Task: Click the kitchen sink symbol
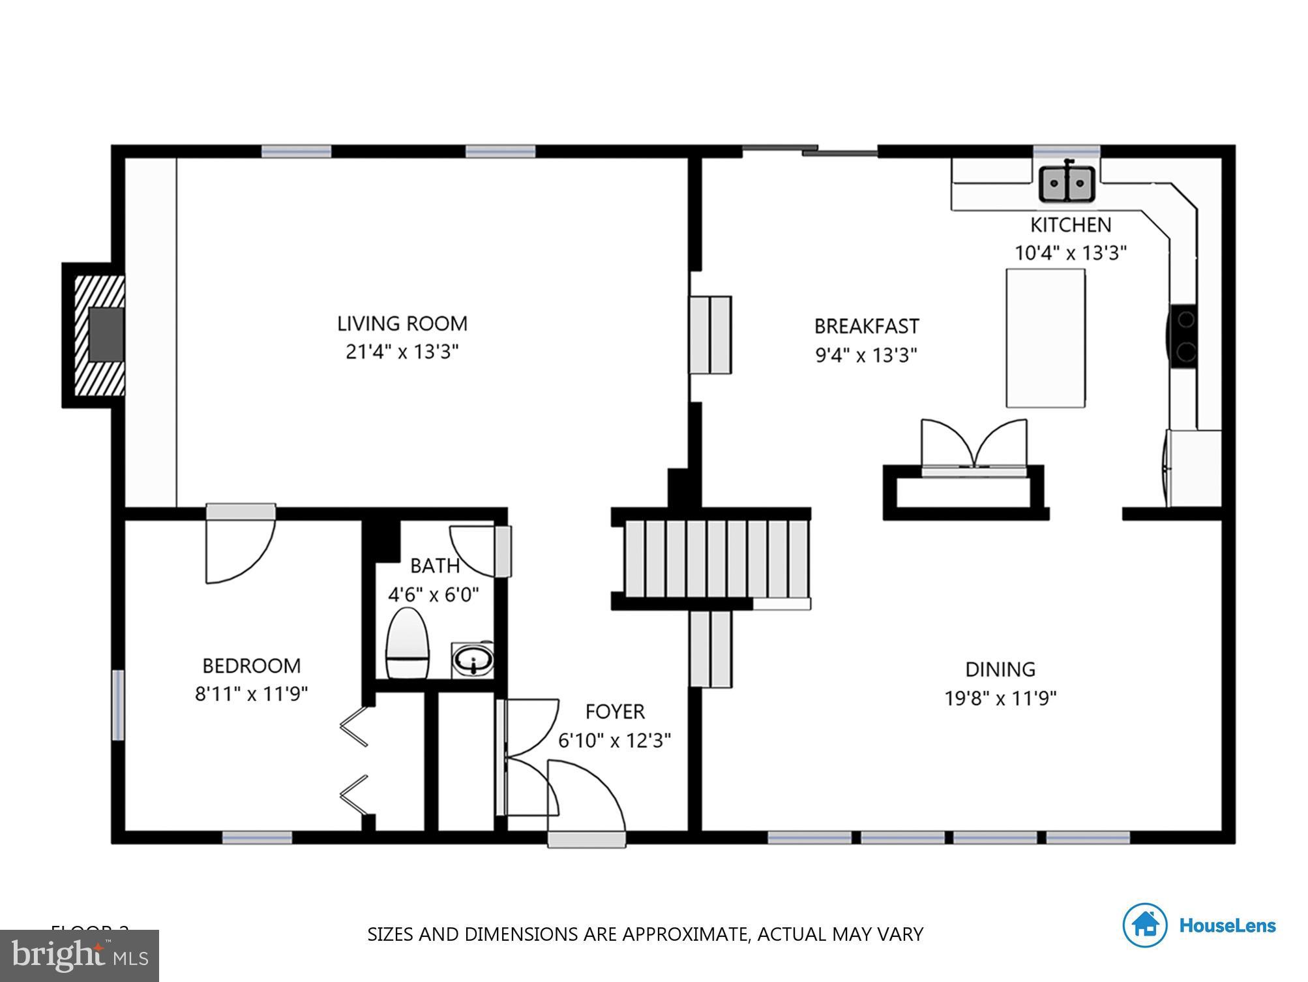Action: click(x=1066, y=183)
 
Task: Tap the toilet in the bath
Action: click(x=408, y=644)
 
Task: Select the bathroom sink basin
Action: click(x=473, y=660)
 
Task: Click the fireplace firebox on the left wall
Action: click(x=106, y=334)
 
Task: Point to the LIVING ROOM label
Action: click(x=402, y=324)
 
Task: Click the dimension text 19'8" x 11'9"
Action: click(x=1000, y=699)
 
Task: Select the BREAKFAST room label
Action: click(x=867, y=326)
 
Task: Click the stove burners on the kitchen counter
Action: click(x=1184, y=337)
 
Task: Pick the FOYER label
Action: click(x=615, y=711)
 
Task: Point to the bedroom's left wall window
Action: click(x=118, y=705)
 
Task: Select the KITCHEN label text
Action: click(x=1070, y=225)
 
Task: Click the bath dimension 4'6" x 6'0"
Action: click(x=434, y=595)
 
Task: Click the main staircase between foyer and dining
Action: click(x=715, y=559)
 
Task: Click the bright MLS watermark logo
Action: click(x=80, y=956)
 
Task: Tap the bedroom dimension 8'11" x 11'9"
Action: click(x=251, y=694)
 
